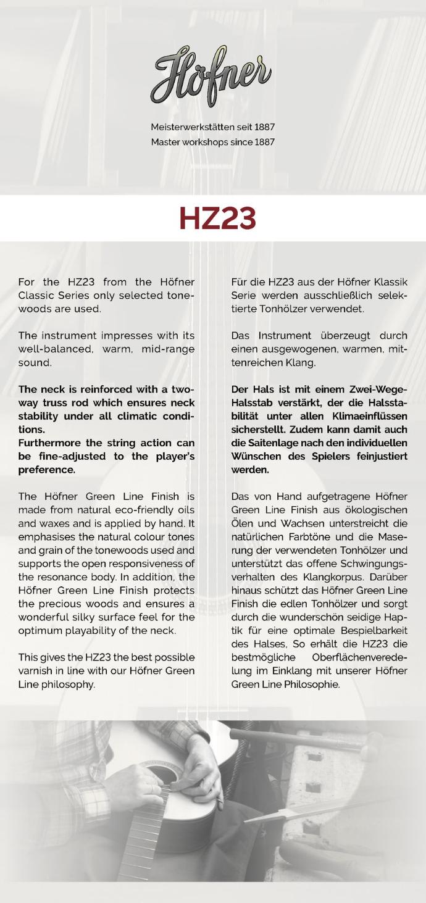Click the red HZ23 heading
217,218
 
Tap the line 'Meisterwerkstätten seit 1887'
212,127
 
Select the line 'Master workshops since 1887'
212,142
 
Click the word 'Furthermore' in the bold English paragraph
49,443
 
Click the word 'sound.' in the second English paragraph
35,363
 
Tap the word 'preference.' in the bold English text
47,470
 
